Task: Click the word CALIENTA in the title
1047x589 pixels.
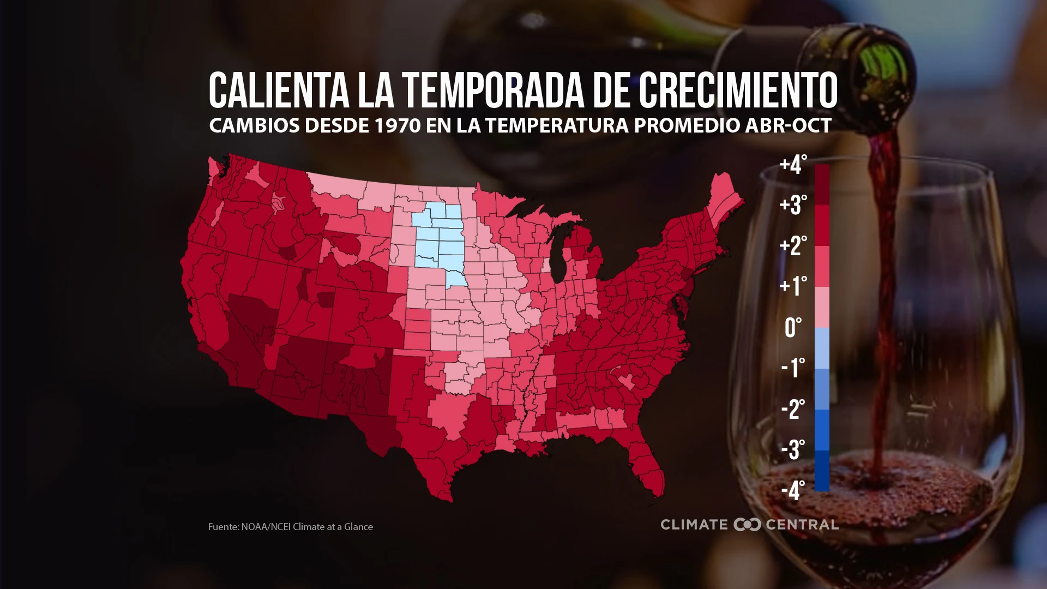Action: point(279,91)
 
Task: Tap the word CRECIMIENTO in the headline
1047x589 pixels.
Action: point(738,91)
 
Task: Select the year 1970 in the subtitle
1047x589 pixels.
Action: point(397,126)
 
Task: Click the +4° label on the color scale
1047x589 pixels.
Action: point(793,165)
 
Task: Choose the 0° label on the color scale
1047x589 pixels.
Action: point(793,328)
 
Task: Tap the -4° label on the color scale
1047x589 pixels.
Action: point(793,490)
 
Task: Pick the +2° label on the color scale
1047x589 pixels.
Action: point(793,246)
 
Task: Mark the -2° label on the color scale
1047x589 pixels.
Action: point(793,409)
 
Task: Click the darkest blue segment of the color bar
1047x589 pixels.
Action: point(822,471)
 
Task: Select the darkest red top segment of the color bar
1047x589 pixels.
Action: point(822,184)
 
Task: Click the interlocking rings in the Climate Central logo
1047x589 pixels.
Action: point(747,525)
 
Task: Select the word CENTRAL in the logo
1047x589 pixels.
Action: point(802,525)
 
